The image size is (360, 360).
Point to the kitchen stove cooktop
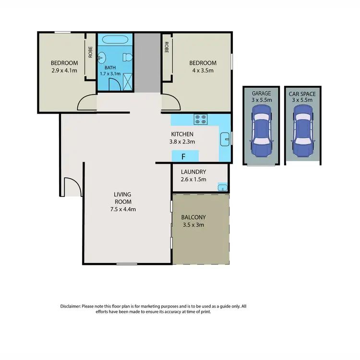point(200,119)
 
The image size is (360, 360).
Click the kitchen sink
point(225,140)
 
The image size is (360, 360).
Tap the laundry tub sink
point(222,187)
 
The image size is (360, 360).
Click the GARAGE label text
point(262,94)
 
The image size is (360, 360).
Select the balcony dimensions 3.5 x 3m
point(193,224)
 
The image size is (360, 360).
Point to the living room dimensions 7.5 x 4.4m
point(122,209)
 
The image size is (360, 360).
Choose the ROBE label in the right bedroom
point(167,48)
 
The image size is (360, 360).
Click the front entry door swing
point(70,187)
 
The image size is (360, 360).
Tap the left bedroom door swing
point(87,102)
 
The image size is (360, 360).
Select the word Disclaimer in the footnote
point(71,306)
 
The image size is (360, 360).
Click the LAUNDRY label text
point(193,172)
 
